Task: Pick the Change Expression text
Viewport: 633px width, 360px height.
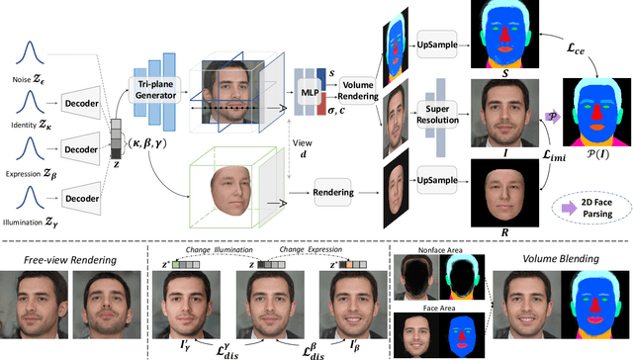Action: coord(310,252)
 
